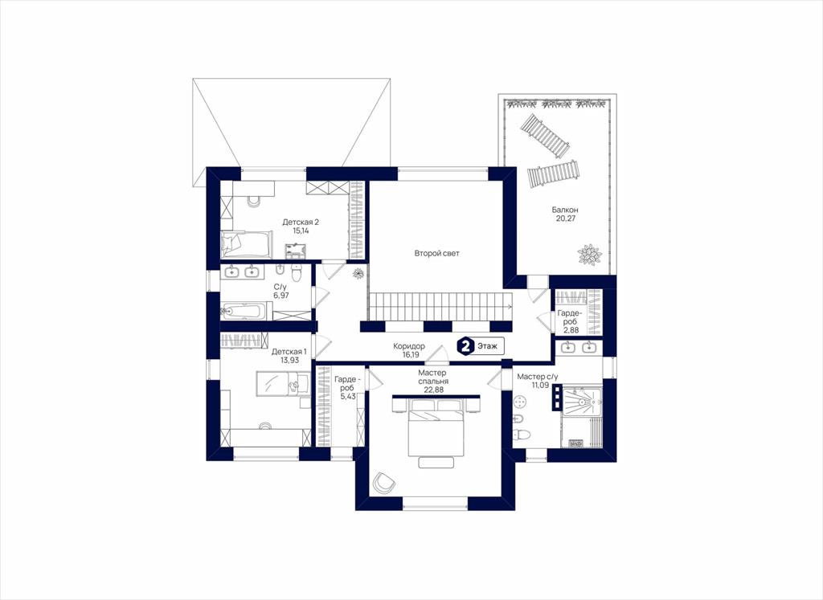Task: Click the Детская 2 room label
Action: (x=301, y=222)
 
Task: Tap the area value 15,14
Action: (x=301, y=231)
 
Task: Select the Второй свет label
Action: (x=436, y=253)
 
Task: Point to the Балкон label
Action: (x=565, y=210)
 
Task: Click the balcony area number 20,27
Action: (x=566, y=218)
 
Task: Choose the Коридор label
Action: (x=409, y=346)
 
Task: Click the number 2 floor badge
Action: (x=465, y=346)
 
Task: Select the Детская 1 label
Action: (x=289, y=351)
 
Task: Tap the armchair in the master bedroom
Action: (x=383, y=482)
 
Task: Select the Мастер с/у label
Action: (x=538, y=377)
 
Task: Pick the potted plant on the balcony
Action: (x=589, y=255)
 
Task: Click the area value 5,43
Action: (x=348, y=396)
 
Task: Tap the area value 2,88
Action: (x=571, y=330)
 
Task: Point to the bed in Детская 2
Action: (x=246, y=243)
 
